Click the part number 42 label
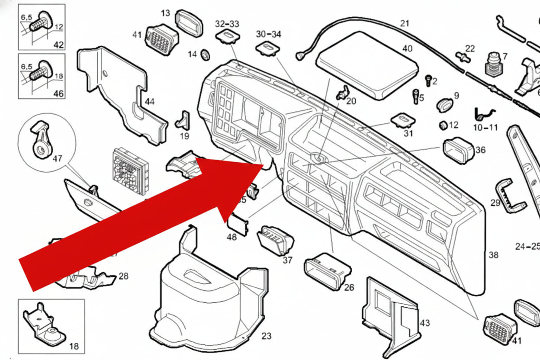58,45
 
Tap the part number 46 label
58,93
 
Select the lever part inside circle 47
41,139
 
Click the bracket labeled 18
44,326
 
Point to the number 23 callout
266,336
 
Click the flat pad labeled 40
367,65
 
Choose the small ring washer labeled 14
206,55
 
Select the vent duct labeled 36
458,150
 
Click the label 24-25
527,247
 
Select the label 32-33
227,23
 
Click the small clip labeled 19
183,121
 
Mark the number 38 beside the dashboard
493,255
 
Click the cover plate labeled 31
403,119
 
